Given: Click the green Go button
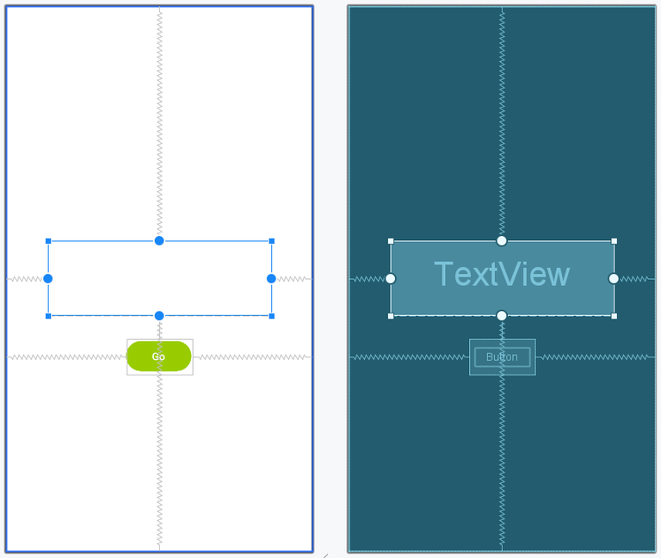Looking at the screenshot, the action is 159,356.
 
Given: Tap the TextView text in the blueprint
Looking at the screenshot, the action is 502,274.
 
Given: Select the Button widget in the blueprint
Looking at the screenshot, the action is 502,356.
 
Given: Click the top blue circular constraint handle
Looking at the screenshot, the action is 159,240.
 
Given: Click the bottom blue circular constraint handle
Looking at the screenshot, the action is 159,315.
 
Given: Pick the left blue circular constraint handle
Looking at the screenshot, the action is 48,278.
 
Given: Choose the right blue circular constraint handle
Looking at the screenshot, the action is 271,278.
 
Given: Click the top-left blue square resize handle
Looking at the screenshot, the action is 48,241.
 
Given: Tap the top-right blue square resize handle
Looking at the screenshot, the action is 272,241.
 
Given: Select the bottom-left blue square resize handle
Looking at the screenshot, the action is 48,316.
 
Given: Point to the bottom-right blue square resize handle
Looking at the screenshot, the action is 272,316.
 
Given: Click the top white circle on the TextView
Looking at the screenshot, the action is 502,240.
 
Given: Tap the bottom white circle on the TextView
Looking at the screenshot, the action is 502,315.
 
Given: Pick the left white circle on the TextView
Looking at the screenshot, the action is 391,278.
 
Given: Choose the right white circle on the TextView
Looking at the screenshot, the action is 614,278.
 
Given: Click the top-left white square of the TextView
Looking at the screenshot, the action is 391,241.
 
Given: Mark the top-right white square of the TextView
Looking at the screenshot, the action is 615,241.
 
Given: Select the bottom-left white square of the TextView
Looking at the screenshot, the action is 391,316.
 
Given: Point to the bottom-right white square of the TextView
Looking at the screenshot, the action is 615,316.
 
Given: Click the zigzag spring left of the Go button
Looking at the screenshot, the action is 66,357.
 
